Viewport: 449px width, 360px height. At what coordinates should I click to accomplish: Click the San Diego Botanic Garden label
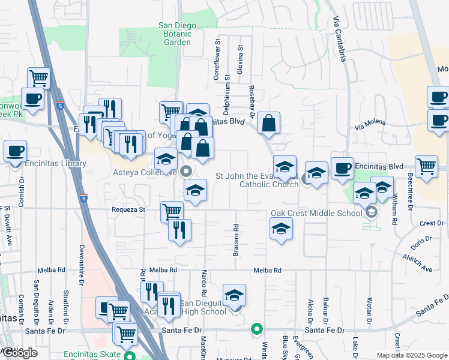pos(175,34)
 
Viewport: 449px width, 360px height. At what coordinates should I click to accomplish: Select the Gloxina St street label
pos(240,63)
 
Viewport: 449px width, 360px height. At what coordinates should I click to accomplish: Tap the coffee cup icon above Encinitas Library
pos(15,151)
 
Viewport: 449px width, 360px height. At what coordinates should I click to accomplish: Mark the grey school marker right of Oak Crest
pos(372,212)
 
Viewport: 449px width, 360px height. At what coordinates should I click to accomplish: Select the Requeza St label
pos(128,210)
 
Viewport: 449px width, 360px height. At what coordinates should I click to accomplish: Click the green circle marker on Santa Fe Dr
pos(257,329)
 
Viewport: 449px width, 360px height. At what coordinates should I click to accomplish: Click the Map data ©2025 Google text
pos(411,355)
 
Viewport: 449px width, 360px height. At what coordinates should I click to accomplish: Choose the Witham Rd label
pos(394,210)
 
